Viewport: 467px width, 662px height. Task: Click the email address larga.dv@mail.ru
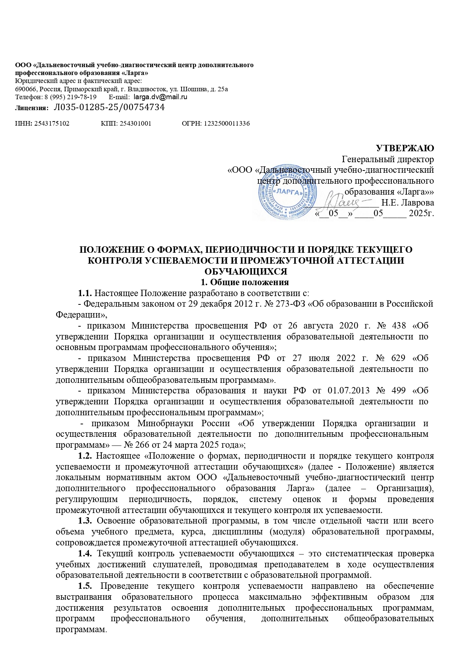pos(161,97)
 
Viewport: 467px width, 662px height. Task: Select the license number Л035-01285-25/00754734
pos(110,108)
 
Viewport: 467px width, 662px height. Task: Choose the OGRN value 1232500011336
pos(226,123)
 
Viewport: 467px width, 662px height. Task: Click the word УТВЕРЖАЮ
pos(405,148)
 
